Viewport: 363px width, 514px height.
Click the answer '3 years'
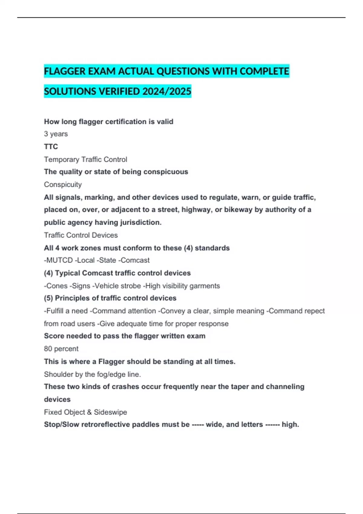(56, 134)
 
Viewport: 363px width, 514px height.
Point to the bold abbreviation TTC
(51, 147)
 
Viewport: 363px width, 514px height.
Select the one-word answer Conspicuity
(63, 184)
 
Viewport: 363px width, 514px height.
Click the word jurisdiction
(141, 223)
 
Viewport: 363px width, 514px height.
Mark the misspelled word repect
(314, 311)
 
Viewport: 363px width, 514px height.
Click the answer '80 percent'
(61, 349)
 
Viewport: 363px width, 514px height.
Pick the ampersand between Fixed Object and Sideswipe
(89, 412)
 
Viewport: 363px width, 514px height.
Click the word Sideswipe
(110, 412)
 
